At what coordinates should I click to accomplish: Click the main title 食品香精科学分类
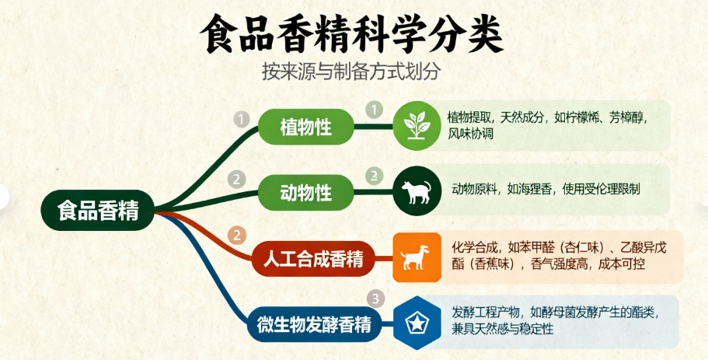[351, 35]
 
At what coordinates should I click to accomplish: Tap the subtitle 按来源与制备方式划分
[351, 72]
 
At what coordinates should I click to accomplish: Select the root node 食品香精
[98, 211]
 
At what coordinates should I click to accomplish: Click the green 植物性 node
[305, 127]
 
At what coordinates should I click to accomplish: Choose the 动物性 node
[305, 193]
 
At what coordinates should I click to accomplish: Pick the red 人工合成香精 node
[313, 259]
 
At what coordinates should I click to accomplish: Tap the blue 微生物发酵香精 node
[314, 324]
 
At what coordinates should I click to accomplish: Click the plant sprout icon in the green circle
[417, 125]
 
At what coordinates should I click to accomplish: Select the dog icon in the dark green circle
[417, 192]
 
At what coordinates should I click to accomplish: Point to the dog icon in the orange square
[416, 257]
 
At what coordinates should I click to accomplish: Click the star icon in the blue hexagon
[417, 323]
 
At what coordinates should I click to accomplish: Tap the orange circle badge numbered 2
[238, 235]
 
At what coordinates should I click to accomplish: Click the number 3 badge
[375, 299]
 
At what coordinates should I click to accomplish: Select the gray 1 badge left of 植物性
[242, 120]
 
